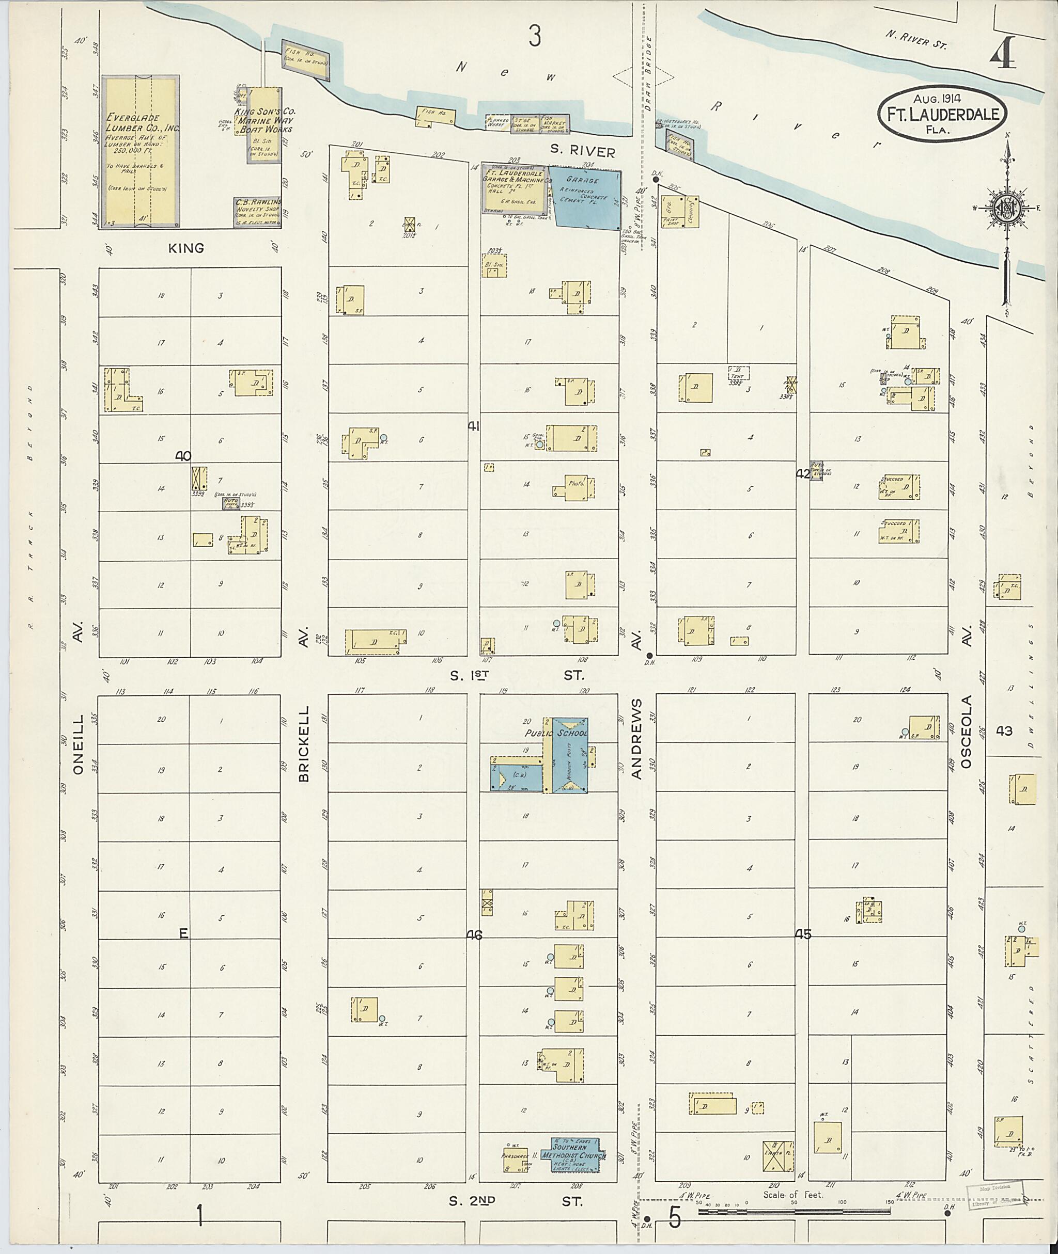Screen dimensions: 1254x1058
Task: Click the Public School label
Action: (556, 733)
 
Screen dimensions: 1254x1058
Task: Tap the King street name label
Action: (186, 248)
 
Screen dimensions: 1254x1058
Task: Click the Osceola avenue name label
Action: (965, 732)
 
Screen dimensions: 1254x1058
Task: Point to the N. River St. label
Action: (916, 38)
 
